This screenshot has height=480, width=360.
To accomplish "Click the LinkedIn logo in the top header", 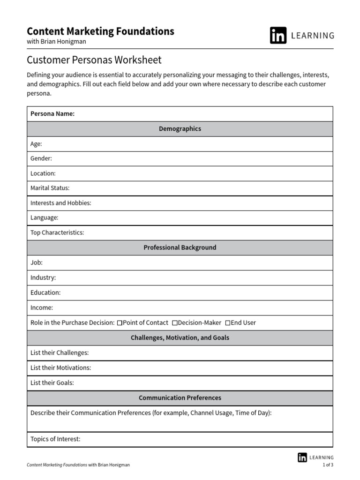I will (278, 36).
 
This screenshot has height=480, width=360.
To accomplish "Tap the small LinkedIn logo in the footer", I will (302, 457).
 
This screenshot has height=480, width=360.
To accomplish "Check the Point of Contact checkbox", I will (120, 323).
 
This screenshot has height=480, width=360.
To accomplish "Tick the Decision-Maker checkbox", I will (175, 323).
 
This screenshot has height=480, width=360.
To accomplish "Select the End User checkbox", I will (228, 323).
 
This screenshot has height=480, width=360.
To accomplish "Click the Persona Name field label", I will (52, 114).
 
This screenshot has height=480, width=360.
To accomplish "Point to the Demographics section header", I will (180, 129).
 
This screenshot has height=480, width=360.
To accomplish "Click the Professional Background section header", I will (180, 247).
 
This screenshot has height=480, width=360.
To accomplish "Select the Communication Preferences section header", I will (180, 398).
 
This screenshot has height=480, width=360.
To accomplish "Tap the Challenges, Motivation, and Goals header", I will (180, 337).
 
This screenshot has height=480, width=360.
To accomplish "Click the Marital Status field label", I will (50, 188).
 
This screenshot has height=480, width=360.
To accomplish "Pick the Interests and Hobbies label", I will (60, 203).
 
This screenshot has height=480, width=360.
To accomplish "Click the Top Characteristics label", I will (57, 232).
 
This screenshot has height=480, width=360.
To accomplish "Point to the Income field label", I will (42, 308).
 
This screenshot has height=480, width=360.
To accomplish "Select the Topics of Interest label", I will (55, 439).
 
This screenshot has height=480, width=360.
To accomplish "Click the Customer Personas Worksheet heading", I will (94, 60).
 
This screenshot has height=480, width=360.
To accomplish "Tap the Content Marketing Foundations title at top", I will (100, 31).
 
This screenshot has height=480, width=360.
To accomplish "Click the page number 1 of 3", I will (328, 465).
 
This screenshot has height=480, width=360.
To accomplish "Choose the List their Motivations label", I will (60, 368).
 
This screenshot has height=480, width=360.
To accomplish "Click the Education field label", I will (45, 292).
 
